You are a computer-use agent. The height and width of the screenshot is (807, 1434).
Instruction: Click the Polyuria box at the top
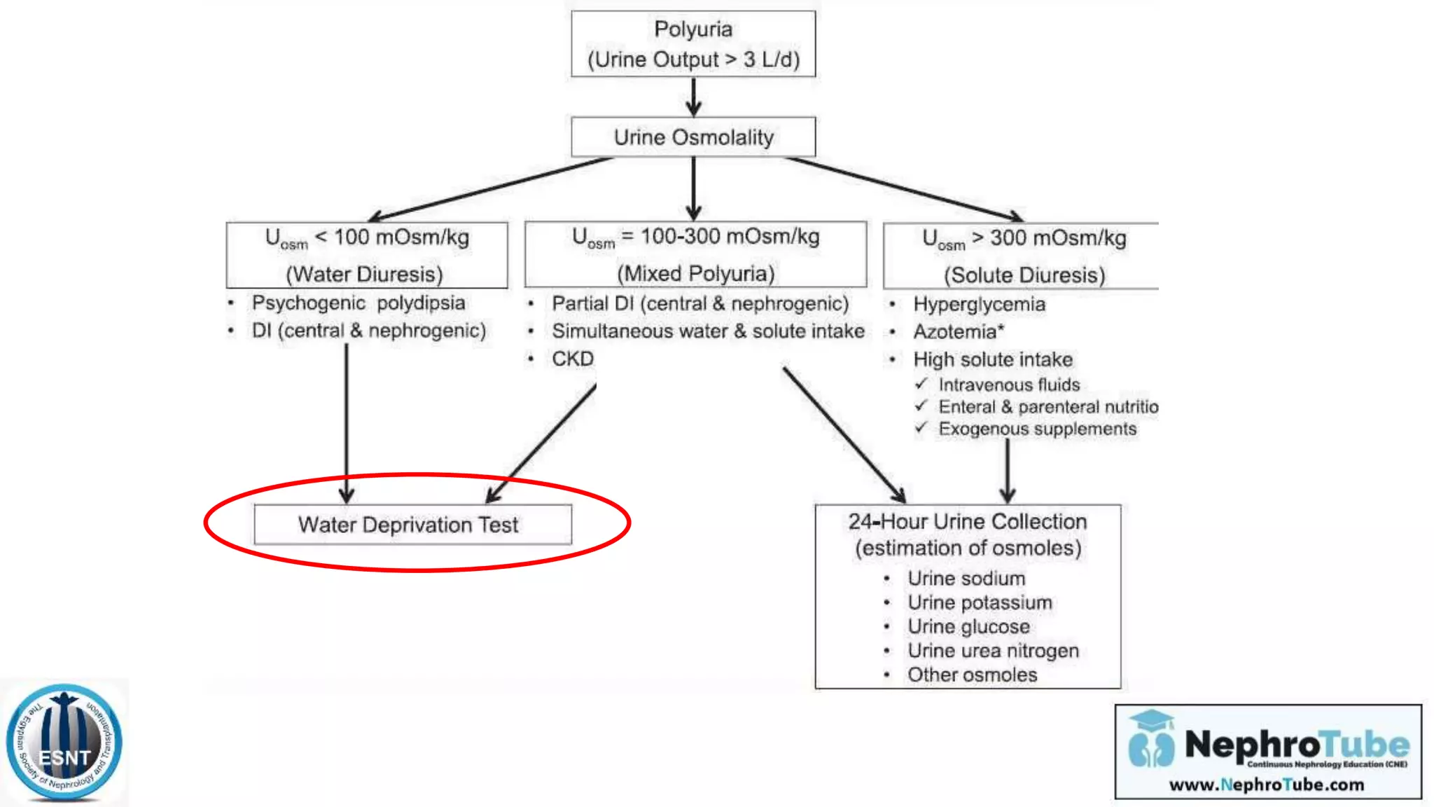(x=693, y=43)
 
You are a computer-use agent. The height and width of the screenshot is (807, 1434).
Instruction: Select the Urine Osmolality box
(x=693, y=137)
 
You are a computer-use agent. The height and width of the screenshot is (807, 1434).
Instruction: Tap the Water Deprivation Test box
(x=412, y=525)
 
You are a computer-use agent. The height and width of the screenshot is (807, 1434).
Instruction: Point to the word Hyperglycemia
(x=978, y=304)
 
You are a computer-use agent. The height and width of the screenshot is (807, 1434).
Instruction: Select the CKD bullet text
(x=572, y=359)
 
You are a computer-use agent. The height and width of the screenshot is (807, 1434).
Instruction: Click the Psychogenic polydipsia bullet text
(x=358, y=303)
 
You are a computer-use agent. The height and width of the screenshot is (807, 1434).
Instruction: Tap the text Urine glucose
(x=968, y=626)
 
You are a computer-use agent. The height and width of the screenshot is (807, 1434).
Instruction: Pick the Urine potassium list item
(x=979, y=602)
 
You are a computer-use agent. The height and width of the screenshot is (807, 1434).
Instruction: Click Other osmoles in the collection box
(x=972, y=675)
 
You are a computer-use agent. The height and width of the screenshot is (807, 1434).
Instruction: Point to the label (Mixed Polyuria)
(x=695, y=273)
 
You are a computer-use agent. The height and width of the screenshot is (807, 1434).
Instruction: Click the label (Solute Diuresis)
(x=1024, y=275)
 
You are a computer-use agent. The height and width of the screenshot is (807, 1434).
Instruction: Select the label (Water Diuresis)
(x=364, y=274)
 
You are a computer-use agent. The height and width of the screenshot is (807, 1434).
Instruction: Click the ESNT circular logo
(x=64, y=743)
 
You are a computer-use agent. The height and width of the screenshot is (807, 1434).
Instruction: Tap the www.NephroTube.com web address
(x=1266, y=785)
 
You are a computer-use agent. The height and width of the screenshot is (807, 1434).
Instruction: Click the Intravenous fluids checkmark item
(x=1008, y=385)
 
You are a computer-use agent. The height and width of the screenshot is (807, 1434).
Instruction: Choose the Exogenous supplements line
(x=1037, y=429)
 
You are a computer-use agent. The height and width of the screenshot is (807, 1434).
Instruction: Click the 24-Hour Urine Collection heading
(x=967, y=522)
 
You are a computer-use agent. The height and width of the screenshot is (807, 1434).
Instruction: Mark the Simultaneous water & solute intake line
(x=707, y=331)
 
